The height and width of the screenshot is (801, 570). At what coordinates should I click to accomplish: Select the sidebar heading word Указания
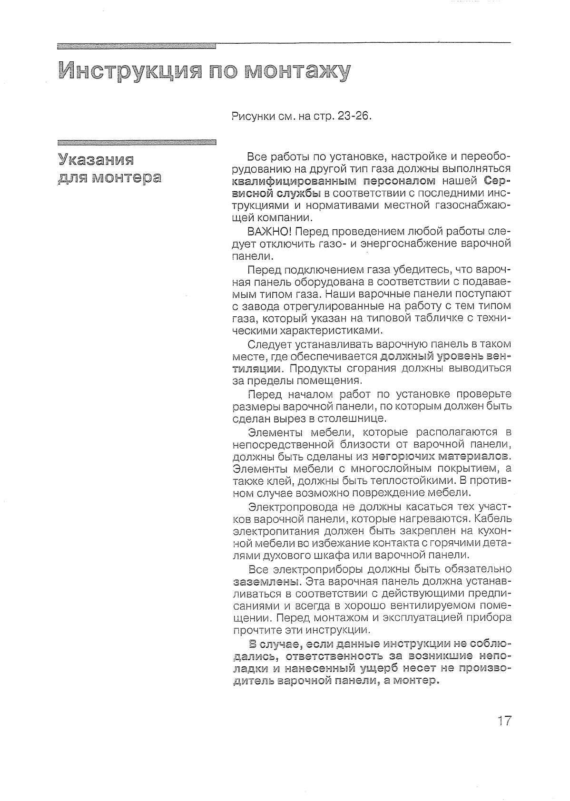tap(96, 159)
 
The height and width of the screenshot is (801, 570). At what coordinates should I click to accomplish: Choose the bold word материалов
tap(473, 457)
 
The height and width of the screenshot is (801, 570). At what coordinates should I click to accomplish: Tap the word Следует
tap(270, 344)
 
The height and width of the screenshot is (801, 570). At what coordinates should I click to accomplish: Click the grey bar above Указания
tap(136, 142)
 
